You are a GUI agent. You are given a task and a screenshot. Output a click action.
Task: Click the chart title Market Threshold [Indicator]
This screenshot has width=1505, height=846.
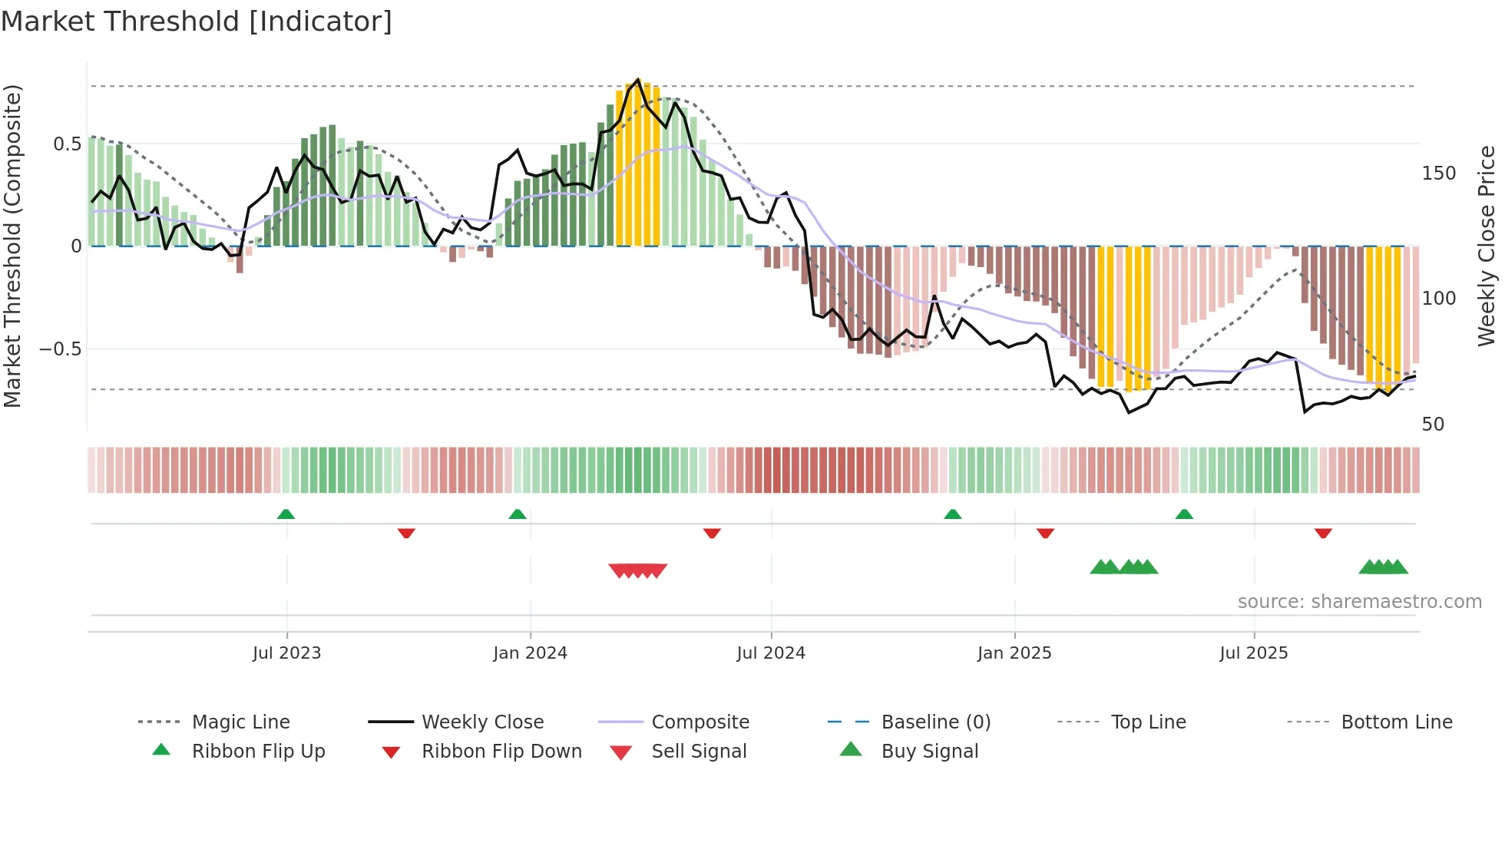[197, 21]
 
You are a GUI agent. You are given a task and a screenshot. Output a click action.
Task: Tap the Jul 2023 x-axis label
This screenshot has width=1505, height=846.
[286, 653]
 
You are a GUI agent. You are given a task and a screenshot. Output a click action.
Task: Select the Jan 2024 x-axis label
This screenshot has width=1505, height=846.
[530, 653]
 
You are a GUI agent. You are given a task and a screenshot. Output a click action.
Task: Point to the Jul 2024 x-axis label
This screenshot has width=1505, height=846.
[771, 653]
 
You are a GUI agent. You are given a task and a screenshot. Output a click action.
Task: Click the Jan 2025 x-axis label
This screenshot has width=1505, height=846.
[1014, 653]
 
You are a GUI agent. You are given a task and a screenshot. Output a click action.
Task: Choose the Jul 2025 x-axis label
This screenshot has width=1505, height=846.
[1254, 653]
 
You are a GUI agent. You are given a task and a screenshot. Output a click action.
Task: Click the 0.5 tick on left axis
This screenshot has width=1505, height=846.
[68, 144]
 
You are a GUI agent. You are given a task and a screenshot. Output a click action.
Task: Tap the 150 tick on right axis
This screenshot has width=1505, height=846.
[1438, 173]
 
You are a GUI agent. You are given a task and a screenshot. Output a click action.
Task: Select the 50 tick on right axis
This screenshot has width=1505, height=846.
[1433, 425]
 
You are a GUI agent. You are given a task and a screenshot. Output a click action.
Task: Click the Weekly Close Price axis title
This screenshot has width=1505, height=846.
[1487, 246]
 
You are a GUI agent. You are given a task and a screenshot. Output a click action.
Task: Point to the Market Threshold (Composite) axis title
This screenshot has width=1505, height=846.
[12, 246]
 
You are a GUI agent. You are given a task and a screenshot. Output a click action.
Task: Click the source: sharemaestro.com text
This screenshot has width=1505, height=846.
[1359, 602]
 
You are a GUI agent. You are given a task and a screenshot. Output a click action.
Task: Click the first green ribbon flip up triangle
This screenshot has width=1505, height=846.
[286, 514]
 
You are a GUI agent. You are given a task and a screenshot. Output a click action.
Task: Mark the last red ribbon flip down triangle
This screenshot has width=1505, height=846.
[1323, 533]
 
